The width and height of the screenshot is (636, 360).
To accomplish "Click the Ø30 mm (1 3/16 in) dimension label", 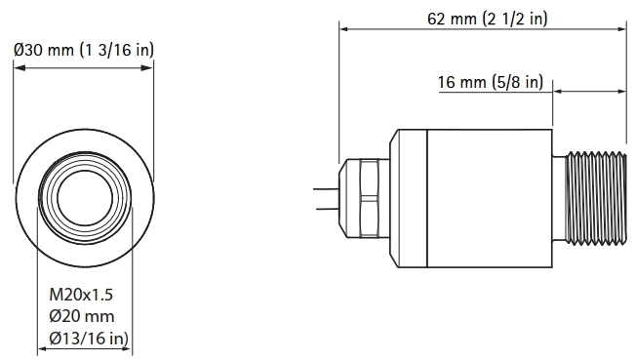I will pos(84,50).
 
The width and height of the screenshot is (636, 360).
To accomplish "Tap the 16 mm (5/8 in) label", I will pos(490,83).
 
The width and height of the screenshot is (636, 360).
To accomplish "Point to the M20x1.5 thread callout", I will pos(83,294).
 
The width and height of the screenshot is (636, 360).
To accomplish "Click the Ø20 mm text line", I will pos(82,316).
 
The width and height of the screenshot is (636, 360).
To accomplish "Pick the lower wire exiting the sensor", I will pos(325,207).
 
